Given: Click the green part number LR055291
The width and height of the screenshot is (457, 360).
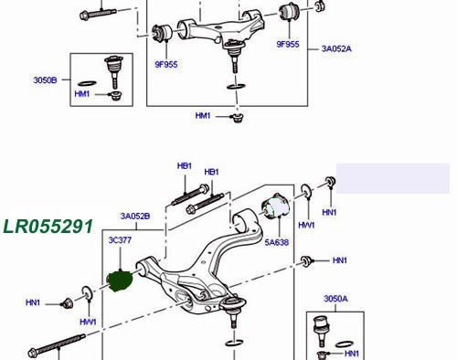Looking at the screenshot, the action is tap(48, 227).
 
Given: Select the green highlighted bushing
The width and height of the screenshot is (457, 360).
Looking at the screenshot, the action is tap(120, 281).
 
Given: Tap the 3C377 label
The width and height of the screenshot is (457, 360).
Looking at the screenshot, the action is tap(120, 240).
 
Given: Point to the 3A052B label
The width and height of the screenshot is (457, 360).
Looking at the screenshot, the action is tap(135, 217).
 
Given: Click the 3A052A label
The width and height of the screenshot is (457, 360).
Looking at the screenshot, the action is tap(336, 48).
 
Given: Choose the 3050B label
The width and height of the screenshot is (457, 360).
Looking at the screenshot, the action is tap(45, 80).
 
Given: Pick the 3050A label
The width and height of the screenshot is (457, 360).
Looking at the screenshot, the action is tap(335, 299).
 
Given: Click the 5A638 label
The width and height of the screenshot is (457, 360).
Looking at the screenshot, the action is tap(277, 242).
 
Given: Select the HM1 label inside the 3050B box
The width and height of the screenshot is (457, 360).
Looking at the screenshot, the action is tap(82, 94).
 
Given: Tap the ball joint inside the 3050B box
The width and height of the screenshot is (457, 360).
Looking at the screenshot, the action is tap(114, 70).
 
